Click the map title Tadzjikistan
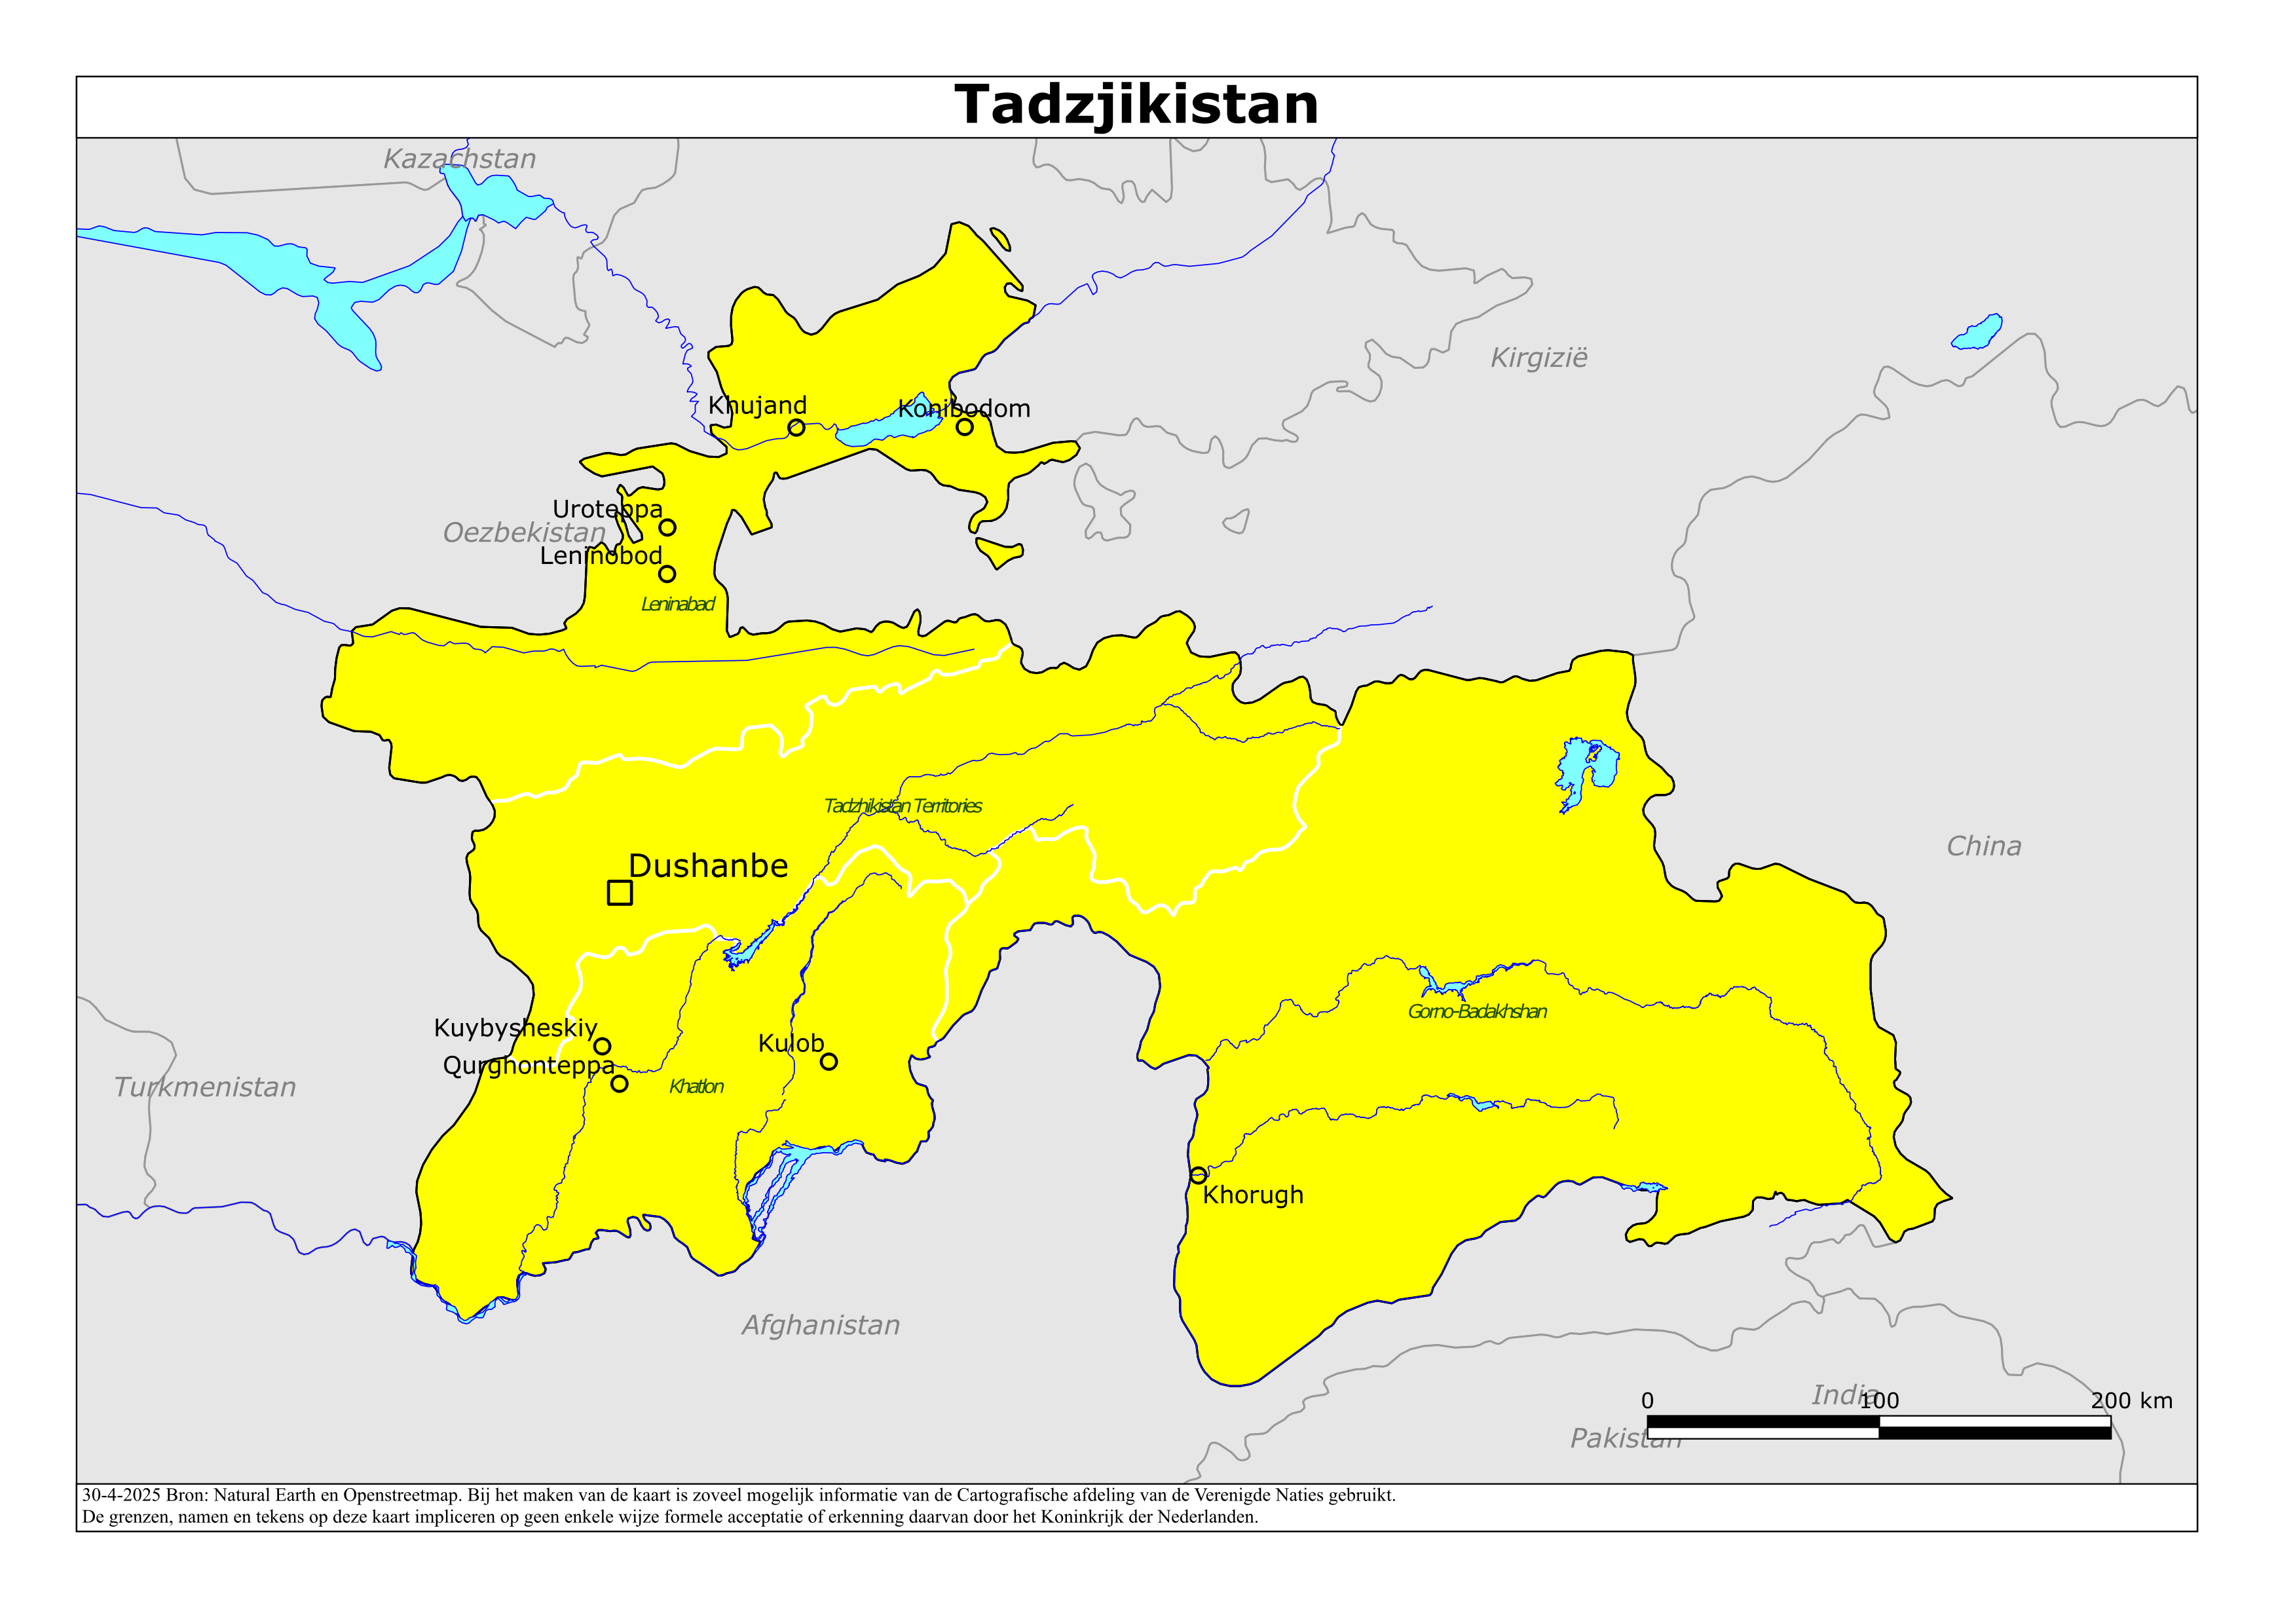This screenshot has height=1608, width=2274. point(1136,105)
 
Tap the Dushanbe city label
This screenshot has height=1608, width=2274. point(708,866)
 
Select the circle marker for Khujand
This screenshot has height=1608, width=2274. point(796,428)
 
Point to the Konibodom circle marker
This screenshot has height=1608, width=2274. point(965,427)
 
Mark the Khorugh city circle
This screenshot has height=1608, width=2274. point(1199,1175)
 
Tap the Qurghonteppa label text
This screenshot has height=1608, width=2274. point(528,1066)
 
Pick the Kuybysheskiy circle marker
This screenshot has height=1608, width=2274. point(602,1046)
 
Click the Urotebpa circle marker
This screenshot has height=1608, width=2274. point(667,527)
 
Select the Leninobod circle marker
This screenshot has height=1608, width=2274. point(667,574)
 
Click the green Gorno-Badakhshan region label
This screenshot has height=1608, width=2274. point(1477,1011)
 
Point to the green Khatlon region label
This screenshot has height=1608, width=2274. point(696,1087)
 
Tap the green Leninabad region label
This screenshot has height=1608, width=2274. point(677,605)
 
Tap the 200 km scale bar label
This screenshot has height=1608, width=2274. point(2131,1401)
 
